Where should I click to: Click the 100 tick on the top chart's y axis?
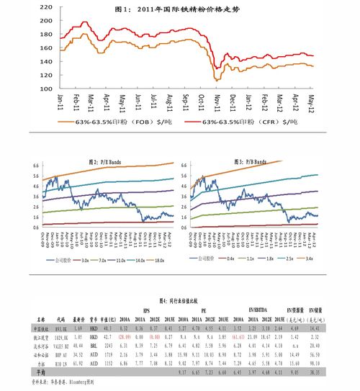[x=45, y=88]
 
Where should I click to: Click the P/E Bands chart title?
[x=104, y=161]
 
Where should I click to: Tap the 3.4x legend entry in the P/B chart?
[x=309, y=259]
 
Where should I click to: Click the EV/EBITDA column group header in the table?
[x=259, y=308]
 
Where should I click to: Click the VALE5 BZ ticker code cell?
[x=61, y=346]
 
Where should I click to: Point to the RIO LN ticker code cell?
[x=60, y=364]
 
